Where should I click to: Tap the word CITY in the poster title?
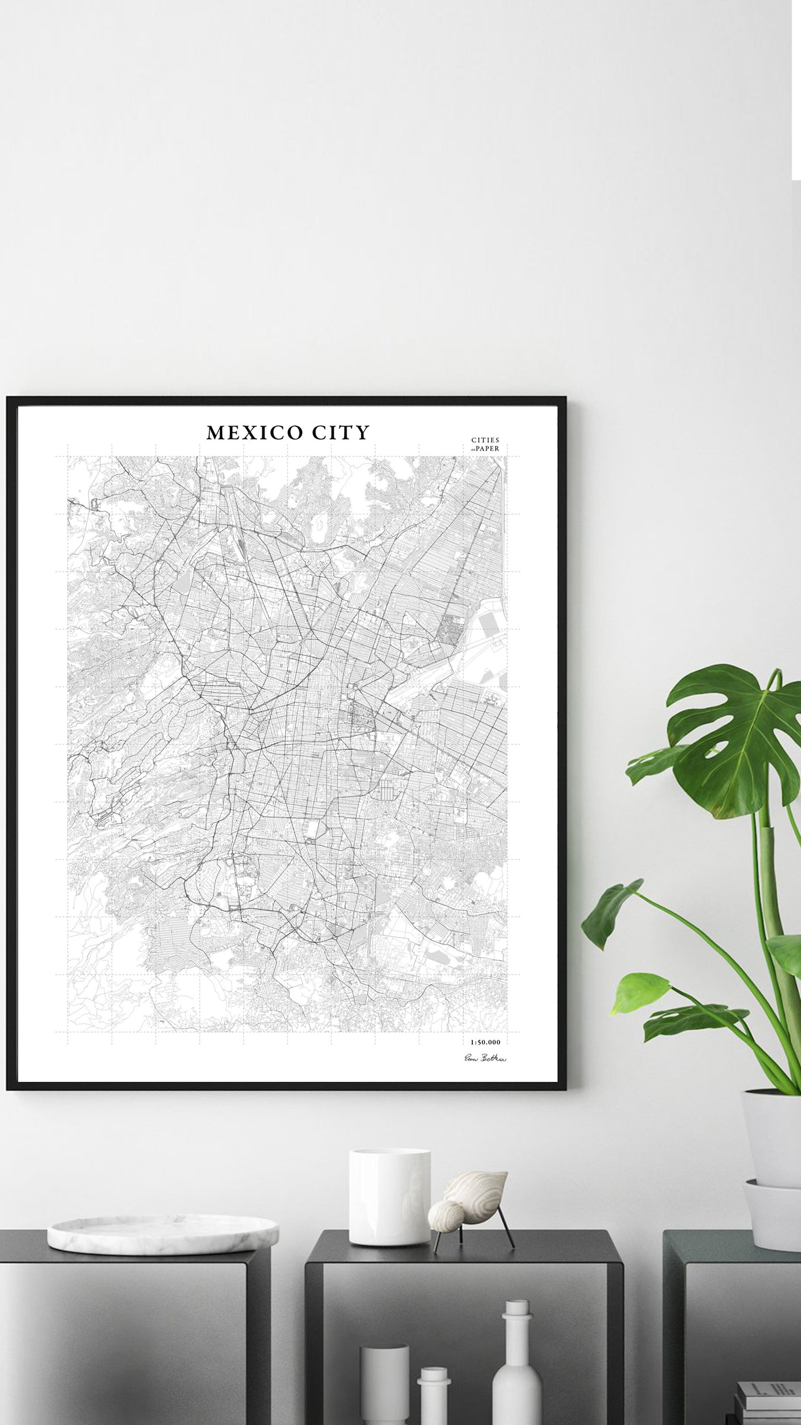point(340,433)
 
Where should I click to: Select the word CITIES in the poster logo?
point(485,441)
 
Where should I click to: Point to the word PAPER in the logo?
point(487,449)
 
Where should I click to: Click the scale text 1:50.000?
point(484,1042)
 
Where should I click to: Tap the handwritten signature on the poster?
point(484,1058)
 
